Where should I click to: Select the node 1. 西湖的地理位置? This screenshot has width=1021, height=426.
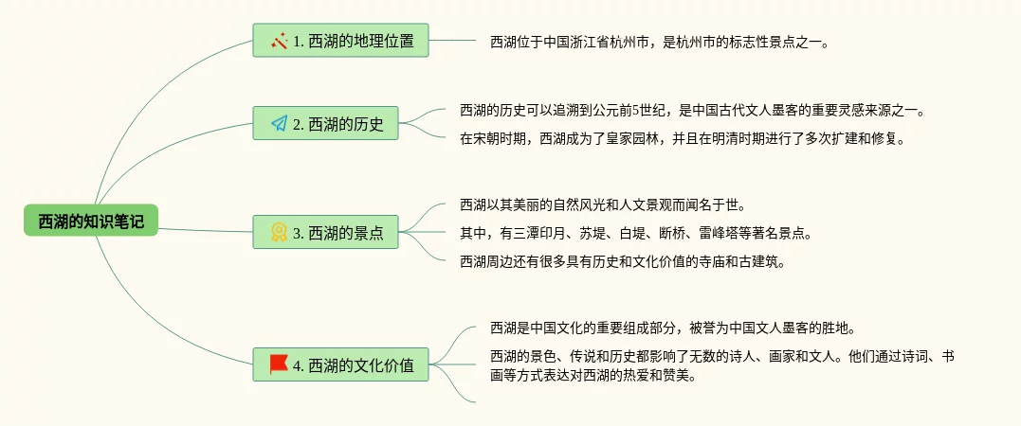[340, 41]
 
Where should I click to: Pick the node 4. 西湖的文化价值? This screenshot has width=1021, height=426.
[340, 364]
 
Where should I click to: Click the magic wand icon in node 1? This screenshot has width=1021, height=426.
[279, 41]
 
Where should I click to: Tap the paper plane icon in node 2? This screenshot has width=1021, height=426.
[279, 124]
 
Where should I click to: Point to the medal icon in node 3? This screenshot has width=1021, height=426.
[279, 232]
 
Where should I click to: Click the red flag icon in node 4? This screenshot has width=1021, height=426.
[279, 364]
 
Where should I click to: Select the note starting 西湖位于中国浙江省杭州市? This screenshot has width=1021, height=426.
[659, 42]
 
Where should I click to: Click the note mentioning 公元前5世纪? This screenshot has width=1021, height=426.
[692, 110]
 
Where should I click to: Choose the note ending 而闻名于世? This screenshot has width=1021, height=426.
[602, 204]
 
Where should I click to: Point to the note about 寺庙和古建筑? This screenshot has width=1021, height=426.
[622, 261]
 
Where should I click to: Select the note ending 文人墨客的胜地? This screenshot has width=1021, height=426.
[673, 329]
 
